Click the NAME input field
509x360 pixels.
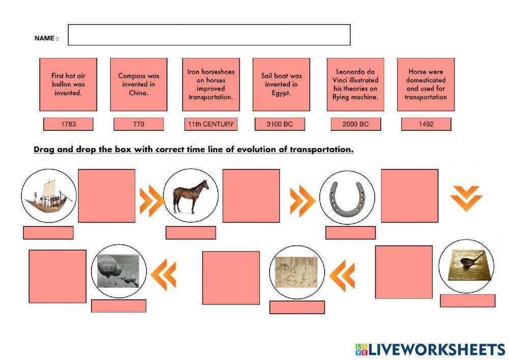tap(209, 35)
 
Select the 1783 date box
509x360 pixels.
tap(68, 124)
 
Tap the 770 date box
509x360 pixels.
tap(138, 124)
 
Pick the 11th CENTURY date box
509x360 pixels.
tap(210, 124)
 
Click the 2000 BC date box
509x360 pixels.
tap(355, 124)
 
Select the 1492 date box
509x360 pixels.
tap(426, 124)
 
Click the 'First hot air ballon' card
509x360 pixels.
tap(68, 85)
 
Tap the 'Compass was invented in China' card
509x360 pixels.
tap(138, 85)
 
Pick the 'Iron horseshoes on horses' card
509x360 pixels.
tap(211, 85)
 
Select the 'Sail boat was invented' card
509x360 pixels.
tap(281, 85)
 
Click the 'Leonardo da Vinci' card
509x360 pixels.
tap(355, 85)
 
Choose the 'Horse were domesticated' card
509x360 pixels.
tap(426, 85)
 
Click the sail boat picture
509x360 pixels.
tap(48, 196)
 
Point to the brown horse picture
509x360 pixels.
tap(191, 196)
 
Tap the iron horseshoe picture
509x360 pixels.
tap(347, 198)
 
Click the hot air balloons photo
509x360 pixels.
tap(118, 271)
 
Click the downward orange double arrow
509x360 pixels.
tap(466, 198)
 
